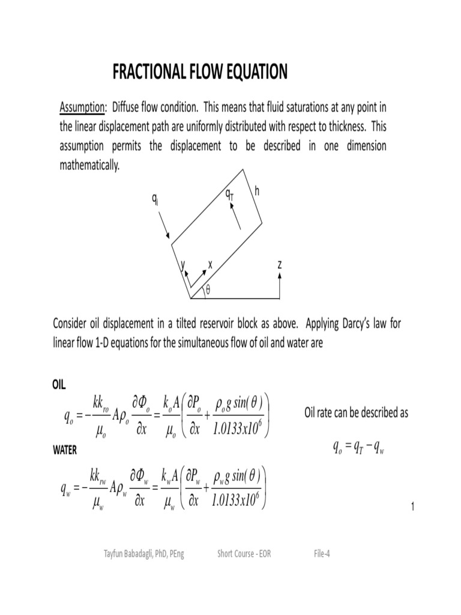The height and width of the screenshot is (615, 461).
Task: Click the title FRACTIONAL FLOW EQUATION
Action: click(x=200, y=73)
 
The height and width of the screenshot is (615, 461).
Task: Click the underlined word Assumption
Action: click(x=82, y=108)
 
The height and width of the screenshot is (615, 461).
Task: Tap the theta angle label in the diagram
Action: click(x=208, y=289)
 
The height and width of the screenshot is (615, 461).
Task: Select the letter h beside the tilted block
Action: click(x=257, y=191)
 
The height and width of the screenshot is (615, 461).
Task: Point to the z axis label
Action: click(x=280, y=264)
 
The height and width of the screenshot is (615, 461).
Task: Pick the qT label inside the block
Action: click(x=229, y=194)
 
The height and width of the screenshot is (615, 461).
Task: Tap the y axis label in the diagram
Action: click(x=183, y=264)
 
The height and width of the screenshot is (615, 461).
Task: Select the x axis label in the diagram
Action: click(x=210, y=264)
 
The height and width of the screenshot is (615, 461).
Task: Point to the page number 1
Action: click(x=413, y=508)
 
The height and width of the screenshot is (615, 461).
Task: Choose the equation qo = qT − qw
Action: click(x=357, y=446)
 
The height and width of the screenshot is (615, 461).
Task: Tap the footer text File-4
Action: click(x=322, y=554)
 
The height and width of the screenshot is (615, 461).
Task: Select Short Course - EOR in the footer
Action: click(x=244, y=554)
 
